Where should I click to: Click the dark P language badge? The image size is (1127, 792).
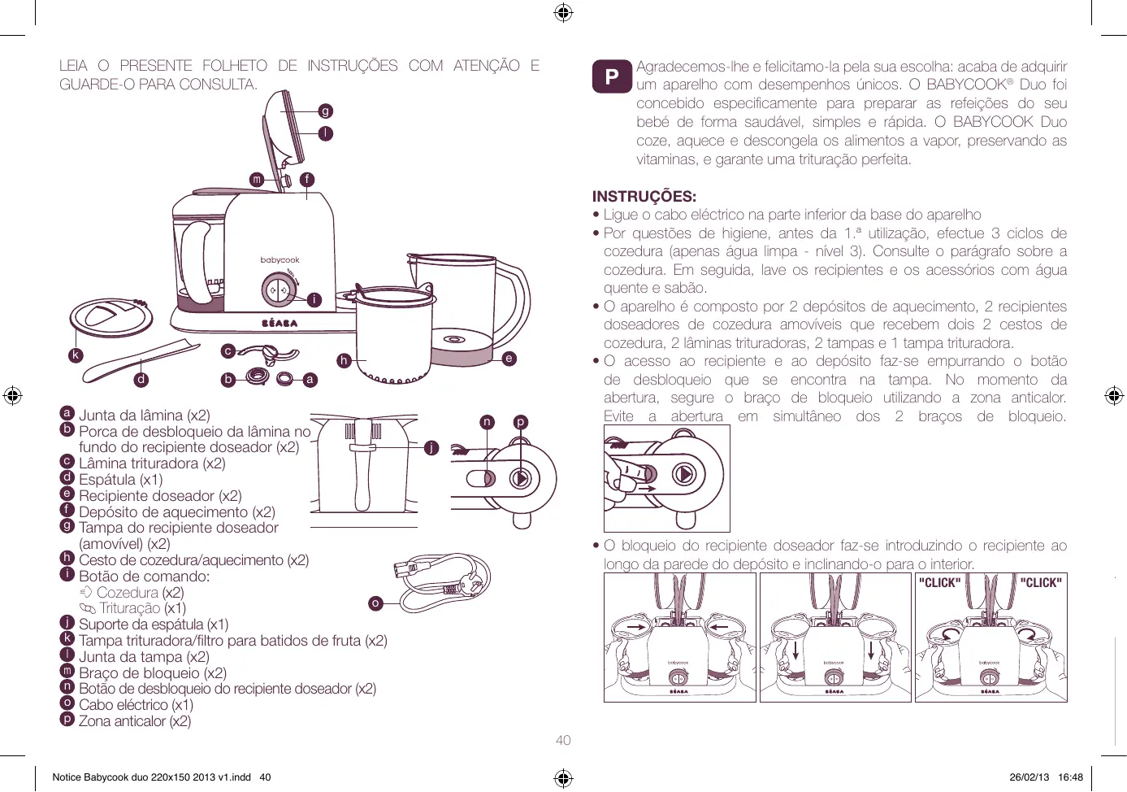612,76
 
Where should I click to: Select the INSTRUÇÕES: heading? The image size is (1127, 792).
644,196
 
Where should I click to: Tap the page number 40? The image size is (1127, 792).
563,740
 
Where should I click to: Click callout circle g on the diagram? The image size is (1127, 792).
325,111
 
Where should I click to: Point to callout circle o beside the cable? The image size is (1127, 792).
375,603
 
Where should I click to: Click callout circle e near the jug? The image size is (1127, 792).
509,358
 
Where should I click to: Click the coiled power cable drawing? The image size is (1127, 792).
443,582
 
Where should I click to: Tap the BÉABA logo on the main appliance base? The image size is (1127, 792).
280,323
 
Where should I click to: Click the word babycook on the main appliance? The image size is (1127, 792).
280,260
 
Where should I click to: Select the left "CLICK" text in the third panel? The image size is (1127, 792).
939,582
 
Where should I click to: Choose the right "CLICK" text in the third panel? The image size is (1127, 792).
1040,582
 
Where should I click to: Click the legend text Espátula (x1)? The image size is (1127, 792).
120,480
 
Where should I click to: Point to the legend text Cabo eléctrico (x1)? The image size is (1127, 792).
136,705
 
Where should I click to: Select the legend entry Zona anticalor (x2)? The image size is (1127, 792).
134,721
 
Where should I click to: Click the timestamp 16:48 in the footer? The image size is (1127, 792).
1070,777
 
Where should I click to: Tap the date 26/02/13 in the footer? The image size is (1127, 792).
1029,777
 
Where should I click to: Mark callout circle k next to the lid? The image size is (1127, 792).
76,355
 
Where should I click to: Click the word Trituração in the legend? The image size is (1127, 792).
130,608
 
